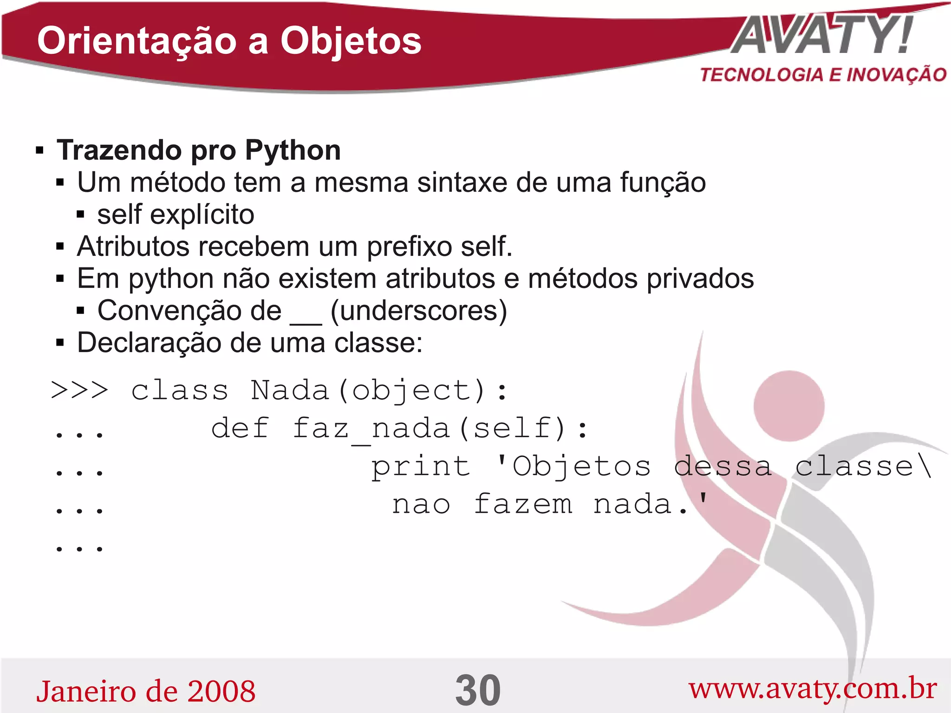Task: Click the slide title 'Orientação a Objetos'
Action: pos(229,41)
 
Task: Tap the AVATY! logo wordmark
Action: pos(822,35)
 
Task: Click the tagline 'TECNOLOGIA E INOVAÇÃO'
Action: pos(823,75)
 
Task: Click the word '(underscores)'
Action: pos(418,310)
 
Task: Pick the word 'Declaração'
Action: pos(149,343)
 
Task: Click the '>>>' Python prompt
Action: pos(79,390)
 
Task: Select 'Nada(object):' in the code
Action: pos(379,391)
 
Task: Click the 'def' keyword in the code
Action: pos(240,428)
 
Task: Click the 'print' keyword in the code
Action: pos(420,466)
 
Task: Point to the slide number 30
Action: pos(478,690)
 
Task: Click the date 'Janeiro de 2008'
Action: pos(146,691)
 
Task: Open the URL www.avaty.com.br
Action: pos(812,689)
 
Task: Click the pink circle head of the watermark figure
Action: pos(788,406)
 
